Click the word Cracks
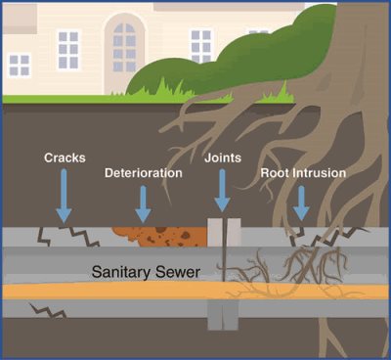click(x=64, y=157)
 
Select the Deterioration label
click(x=143, y=173)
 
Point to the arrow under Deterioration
click(x=144, y=203)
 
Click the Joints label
click(x=222, y=157)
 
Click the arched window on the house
click(x=124, y=43)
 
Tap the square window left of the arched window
click(x=68, y=44)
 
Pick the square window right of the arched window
click(x=201, y=44)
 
